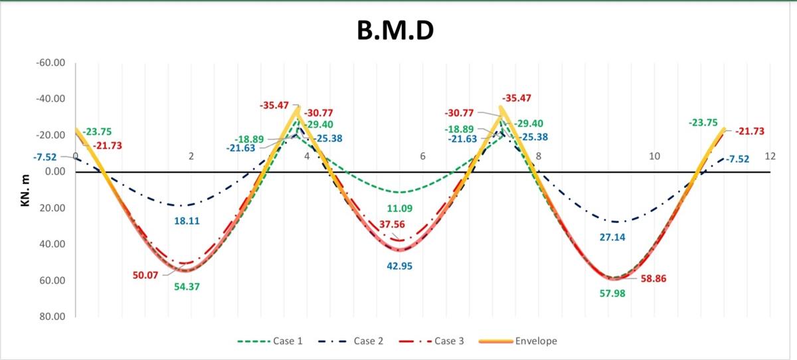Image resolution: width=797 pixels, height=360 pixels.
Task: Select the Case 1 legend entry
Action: click(287, 341)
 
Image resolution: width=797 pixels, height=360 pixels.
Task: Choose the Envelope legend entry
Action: click(535, 341)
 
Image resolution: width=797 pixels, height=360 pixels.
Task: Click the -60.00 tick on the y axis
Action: click(51, 63)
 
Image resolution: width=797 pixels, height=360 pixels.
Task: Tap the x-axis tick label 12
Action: click(770, 156)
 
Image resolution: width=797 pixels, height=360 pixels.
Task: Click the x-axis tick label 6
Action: click(422, 156)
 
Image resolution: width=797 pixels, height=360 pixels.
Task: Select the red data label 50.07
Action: click(145, 275)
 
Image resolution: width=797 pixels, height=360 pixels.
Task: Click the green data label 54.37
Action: click(188, 287)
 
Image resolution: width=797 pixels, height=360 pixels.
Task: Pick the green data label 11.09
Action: click(399, 209)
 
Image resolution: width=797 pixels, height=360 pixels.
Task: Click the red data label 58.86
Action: click(654, 280)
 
